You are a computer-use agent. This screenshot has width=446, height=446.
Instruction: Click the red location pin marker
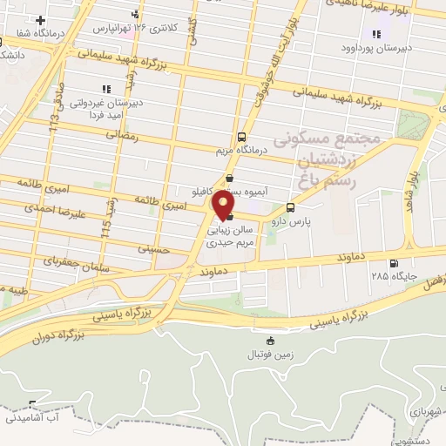point(224,206)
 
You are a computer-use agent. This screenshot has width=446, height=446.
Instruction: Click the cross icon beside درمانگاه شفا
point(40,19)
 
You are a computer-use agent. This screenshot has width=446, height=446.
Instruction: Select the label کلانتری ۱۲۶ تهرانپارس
point(145,28)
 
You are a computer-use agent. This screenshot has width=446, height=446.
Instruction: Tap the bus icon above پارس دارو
point(290,207)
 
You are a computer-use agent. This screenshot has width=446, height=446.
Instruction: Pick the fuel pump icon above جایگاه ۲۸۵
point(394,263)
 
